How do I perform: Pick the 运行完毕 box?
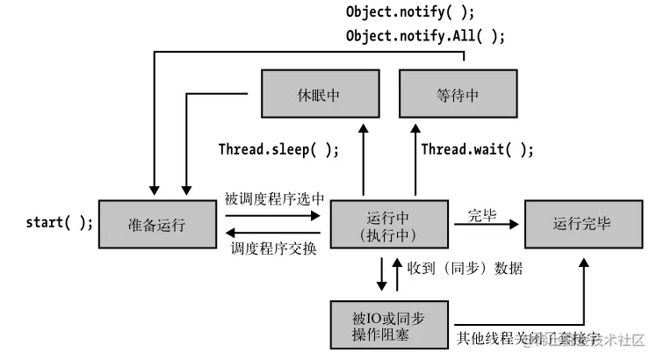click(581, 224)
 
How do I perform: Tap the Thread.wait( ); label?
click(477, 149)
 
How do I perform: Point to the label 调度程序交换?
click(274, 248)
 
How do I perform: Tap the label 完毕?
click(481, 214)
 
